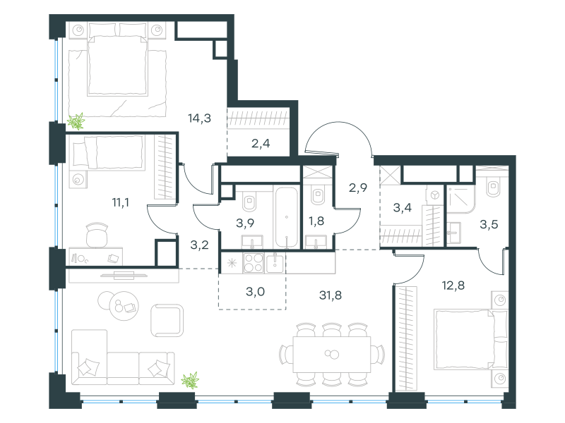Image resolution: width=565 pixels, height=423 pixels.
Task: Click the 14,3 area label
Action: tap(199, 118)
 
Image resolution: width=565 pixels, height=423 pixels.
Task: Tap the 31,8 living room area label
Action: tap(331, 295)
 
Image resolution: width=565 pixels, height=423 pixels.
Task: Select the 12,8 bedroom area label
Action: tap(453, 286)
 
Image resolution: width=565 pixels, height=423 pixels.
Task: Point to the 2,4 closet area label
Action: tap(261, 144)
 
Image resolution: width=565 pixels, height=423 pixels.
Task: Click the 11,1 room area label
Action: tap(120, 202)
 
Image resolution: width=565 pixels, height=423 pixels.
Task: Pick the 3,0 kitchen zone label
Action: tap(255, 291)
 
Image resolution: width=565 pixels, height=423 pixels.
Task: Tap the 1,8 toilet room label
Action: tap(316, 221)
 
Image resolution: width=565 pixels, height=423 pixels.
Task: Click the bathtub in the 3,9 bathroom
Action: tap(287, 217)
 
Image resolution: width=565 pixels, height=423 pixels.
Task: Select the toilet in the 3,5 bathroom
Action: tap(492, 188)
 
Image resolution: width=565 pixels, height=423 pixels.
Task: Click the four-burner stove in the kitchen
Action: tap(254, 263)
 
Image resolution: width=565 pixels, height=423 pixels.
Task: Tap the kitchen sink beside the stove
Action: tap(275, 263)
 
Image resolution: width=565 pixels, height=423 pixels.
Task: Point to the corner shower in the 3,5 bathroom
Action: tap(461, 200)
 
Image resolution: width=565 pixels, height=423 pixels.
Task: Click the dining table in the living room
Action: tap(331, 355)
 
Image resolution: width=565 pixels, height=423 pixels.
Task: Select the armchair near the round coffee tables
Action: tap(167, 321)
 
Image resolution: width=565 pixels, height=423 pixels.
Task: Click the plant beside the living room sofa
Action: tap(190, 381)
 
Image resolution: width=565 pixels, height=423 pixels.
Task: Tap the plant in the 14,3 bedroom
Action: tap(76, 121)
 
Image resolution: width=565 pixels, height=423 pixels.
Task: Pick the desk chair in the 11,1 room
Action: tap(97, 235)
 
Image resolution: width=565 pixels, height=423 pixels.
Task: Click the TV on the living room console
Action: tap(124, 276)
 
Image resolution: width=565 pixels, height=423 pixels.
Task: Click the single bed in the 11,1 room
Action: tap(108, 152)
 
